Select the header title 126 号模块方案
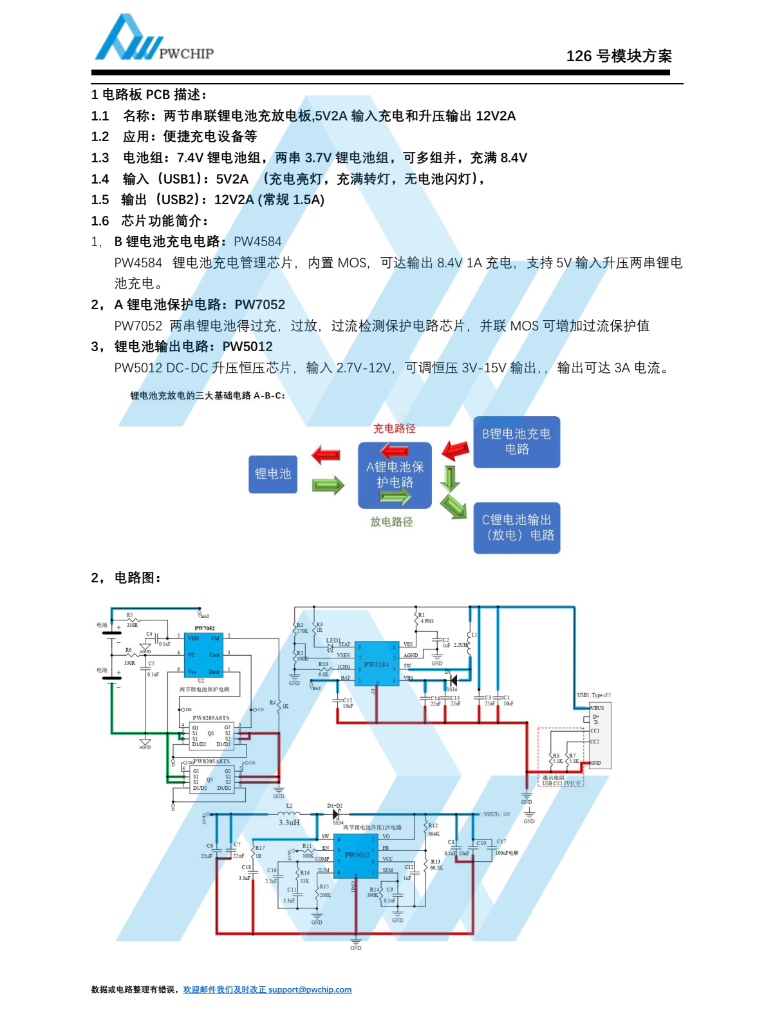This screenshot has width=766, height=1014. pos(619,56)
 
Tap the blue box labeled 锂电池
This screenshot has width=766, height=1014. pos(273,474)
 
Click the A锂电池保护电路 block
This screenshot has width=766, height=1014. pos(395,475)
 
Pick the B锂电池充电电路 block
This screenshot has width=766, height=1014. pos(516,442)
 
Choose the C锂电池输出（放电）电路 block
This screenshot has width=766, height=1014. pos(516,528)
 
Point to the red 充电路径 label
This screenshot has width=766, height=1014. pos(394,428)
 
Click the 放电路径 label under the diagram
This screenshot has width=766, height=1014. pos(391,522)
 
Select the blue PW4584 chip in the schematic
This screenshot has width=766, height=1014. pos(376,664)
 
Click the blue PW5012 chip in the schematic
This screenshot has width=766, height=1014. pos(355,855)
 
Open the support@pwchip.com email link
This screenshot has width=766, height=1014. pos(310,990)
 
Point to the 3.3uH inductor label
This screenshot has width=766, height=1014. pos(289,823)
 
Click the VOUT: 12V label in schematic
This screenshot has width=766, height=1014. pos(497,814)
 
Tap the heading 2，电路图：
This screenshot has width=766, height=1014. pos(126,578)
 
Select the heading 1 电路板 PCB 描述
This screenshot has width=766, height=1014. pos(149,95)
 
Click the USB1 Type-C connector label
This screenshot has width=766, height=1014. pos(593,695)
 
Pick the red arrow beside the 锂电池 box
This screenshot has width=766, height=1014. pos(326,455)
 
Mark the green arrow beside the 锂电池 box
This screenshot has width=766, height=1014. pos(328,485)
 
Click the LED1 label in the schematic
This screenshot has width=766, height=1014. pos(333,640)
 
